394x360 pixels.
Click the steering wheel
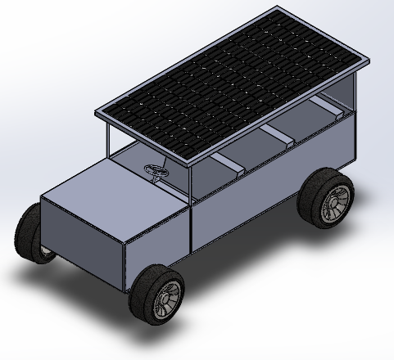click(x=155, y=170)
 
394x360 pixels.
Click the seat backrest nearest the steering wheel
click(x=232, y=167)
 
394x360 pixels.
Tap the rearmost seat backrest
click(x=333, y=110)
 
